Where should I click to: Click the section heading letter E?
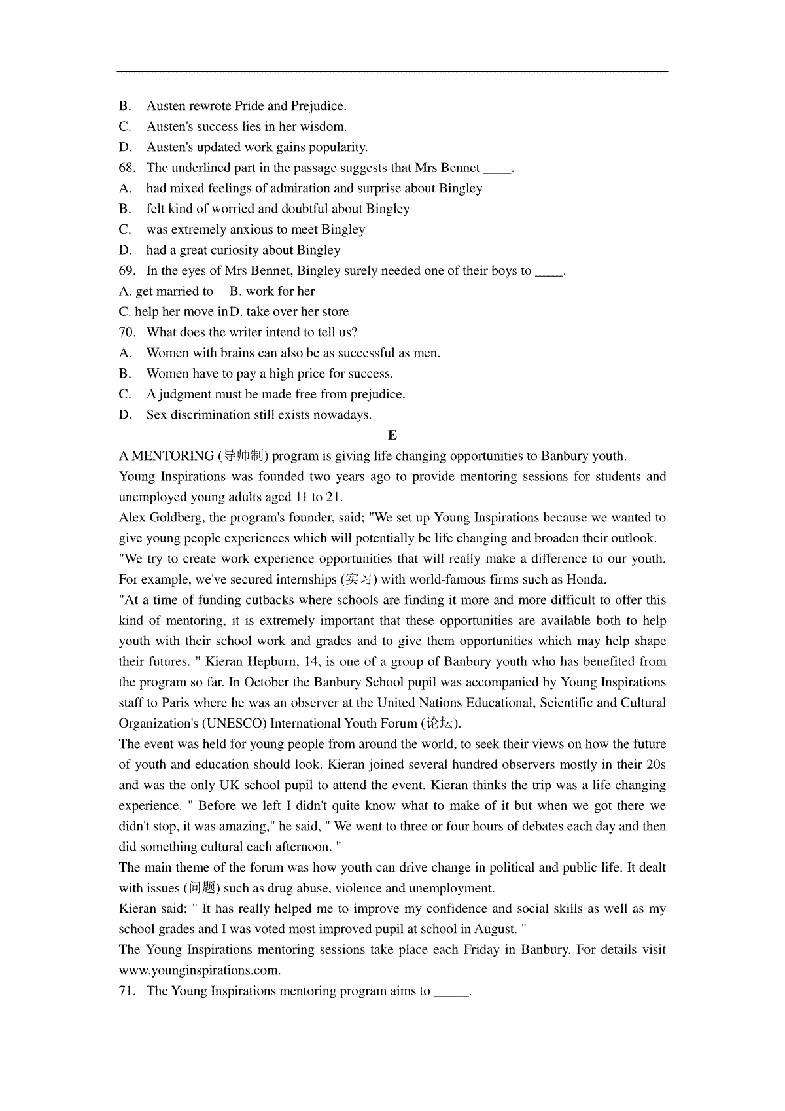coord(392,436)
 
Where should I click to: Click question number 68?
coord(127,168)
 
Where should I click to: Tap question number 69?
coord(127,271)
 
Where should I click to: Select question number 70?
coord(127,332)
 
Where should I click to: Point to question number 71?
coord(127,991)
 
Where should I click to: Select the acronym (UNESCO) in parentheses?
coord(234,724)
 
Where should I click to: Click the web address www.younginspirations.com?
coord(200,971)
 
